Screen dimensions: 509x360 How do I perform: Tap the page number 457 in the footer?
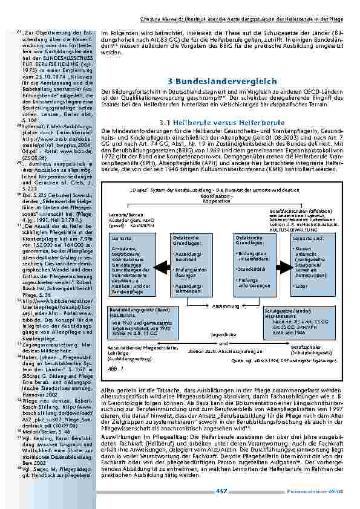221,491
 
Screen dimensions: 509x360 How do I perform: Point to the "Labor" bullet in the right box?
299,268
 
